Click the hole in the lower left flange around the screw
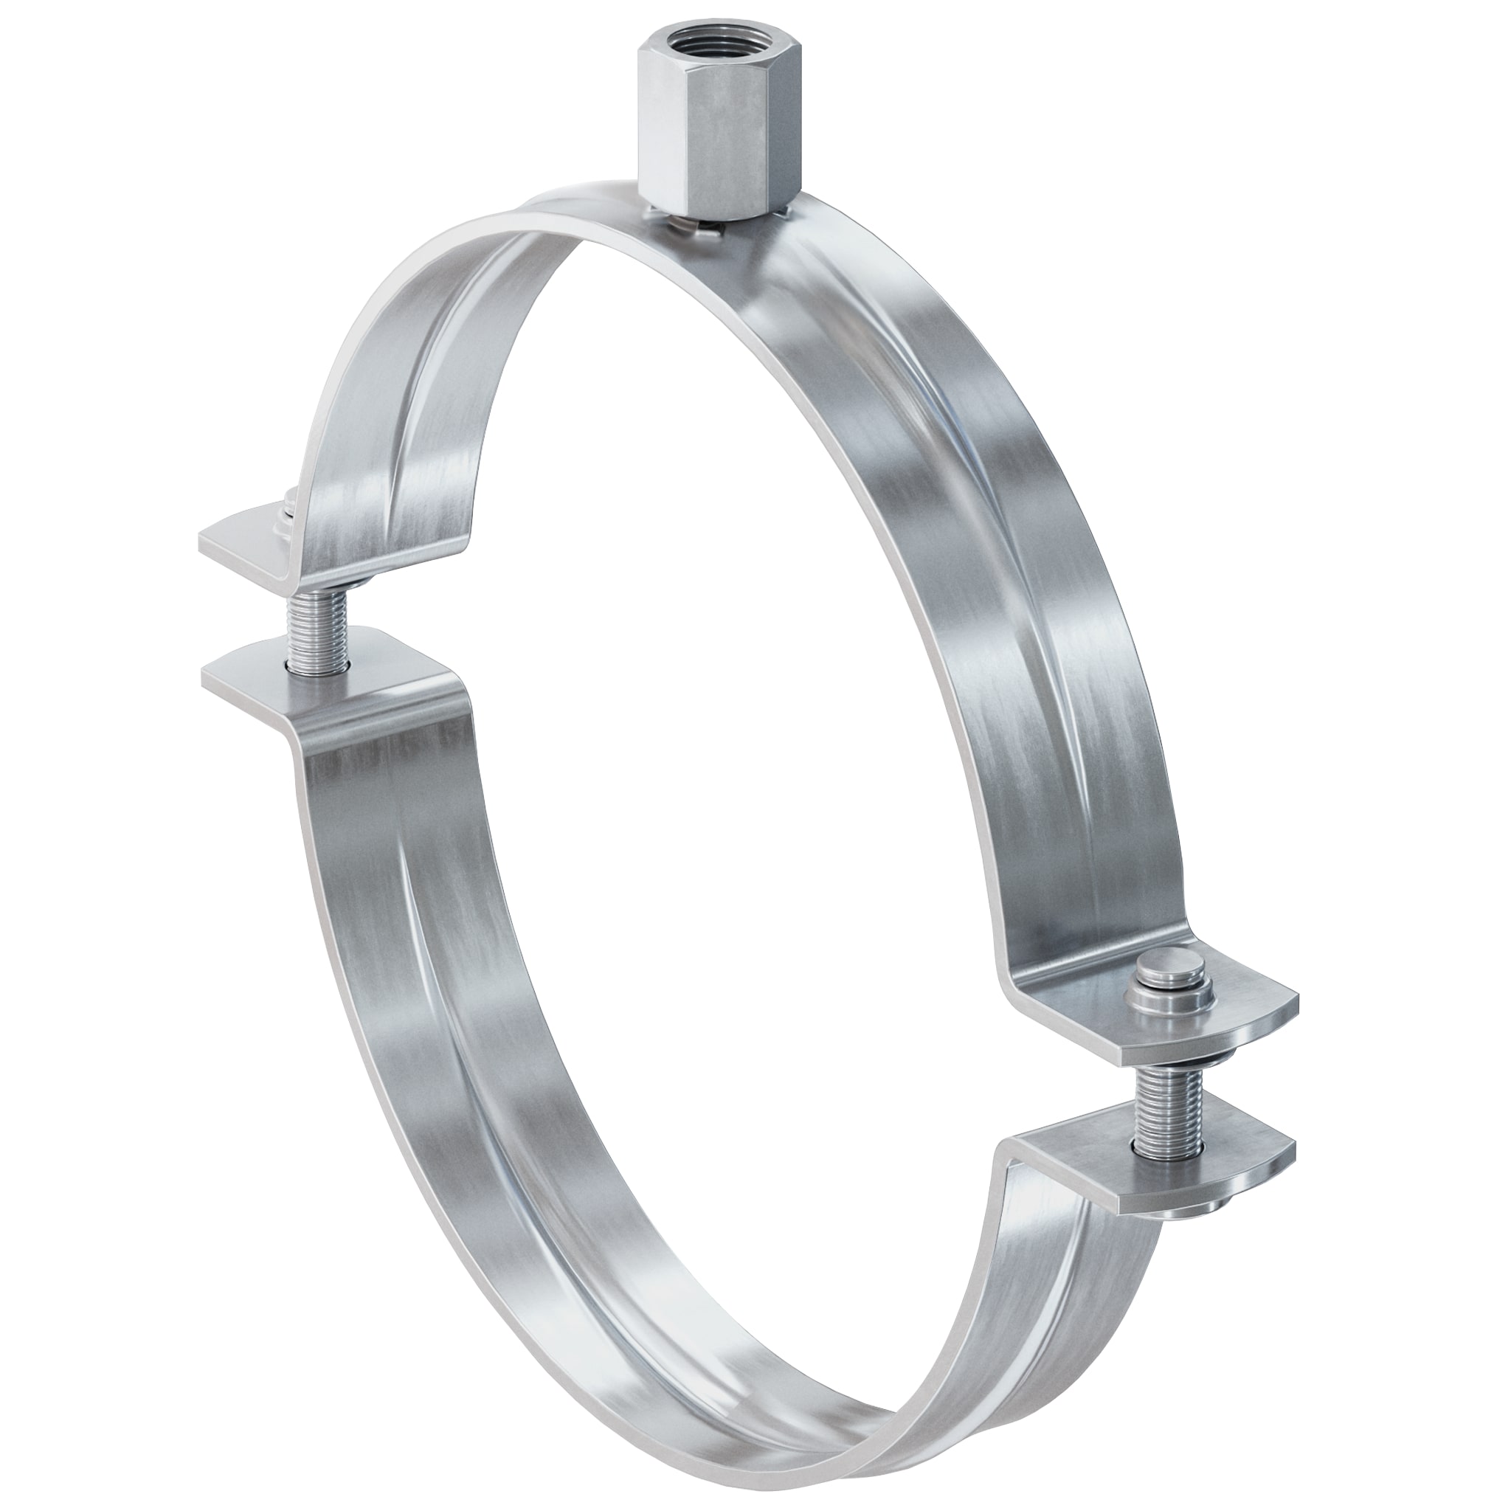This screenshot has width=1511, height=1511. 317,665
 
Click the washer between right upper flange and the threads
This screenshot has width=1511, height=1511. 1163,1052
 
